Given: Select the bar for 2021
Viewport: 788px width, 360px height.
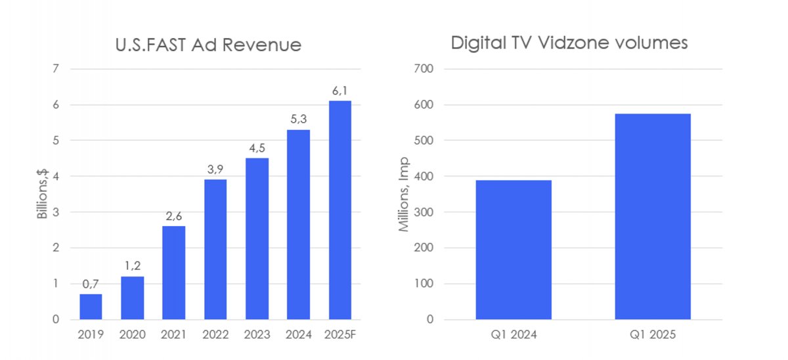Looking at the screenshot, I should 173,273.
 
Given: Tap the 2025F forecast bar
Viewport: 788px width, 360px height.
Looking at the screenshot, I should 339,210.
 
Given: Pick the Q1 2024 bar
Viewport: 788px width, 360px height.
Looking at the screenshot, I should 513,250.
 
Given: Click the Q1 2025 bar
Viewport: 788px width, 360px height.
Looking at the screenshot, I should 653,217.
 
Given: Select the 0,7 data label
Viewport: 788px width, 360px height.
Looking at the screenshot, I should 91,284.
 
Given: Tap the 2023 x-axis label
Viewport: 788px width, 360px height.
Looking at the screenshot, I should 257,334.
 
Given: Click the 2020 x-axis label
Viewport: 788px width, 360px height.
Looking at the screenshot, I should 132,334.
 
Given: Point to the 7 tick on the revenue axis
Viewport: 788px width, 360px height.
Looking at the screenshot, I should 56,69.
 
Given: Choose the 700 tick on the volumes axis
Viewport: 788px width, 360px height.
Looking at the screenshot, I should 424,69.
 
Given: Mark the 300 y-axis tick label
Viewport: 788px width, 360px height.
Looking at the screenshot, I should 424,212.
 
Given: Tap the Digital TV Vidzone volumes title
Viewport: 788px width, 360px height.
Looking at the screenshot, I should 569,43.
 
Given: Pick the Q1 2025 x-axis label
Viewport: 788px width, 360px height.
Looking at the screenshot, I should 653,334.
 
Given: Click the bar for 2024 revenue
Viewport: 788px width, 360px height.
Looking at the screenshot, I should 298,225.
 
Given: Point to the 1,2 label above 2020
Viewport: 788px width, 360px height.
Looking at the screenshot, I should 132,267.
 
